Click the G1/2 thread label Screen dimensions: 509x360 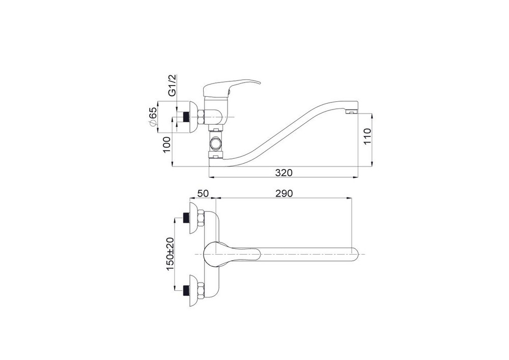pyautogui.click(x=172, y=85)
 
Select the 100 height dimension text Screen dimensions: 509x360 pyautogui.click(x=166, y=145)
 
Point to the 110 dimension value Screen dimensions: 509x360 pyautogui.click(x=367, y=136)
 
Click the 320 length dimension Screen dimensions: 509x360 pyautogui.click(x=284, y=173)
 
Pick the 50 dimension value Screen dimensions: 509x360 pyautogui.click(x=203, y=193)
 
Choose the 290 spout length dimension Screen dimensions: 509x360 pyautogui.click(x=284, y=193)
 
